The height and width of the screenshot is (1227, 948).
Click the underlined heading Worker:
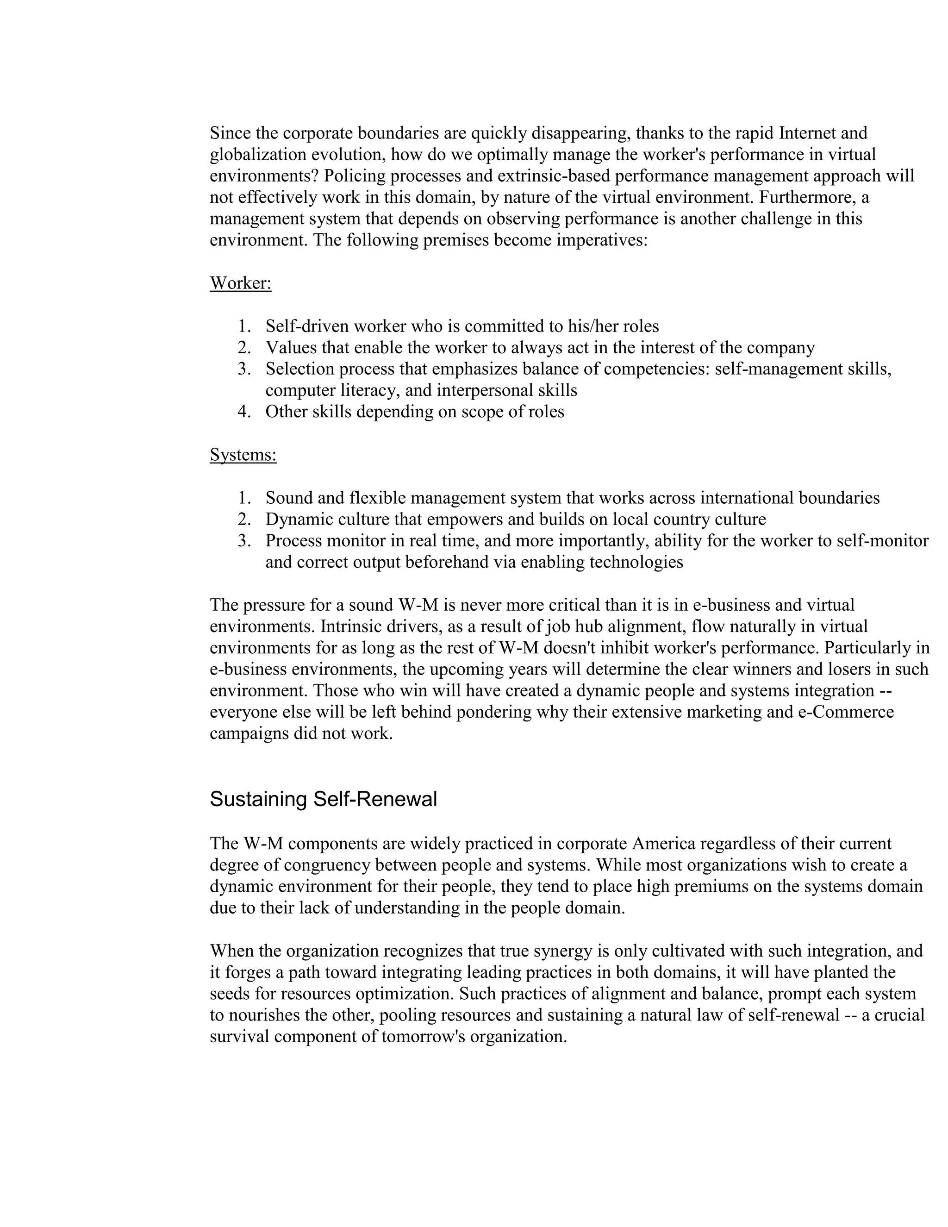point(240,283)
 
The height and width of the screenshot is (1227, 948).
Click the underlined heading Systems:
point(243,455)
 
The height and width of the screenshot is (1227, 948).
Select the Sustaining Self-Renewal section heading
point(323,799)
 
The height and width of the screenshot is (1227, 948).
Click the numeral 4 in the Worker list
point(243,412)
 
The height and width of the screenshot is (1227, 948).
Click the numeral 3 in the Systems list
point(243,541)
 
